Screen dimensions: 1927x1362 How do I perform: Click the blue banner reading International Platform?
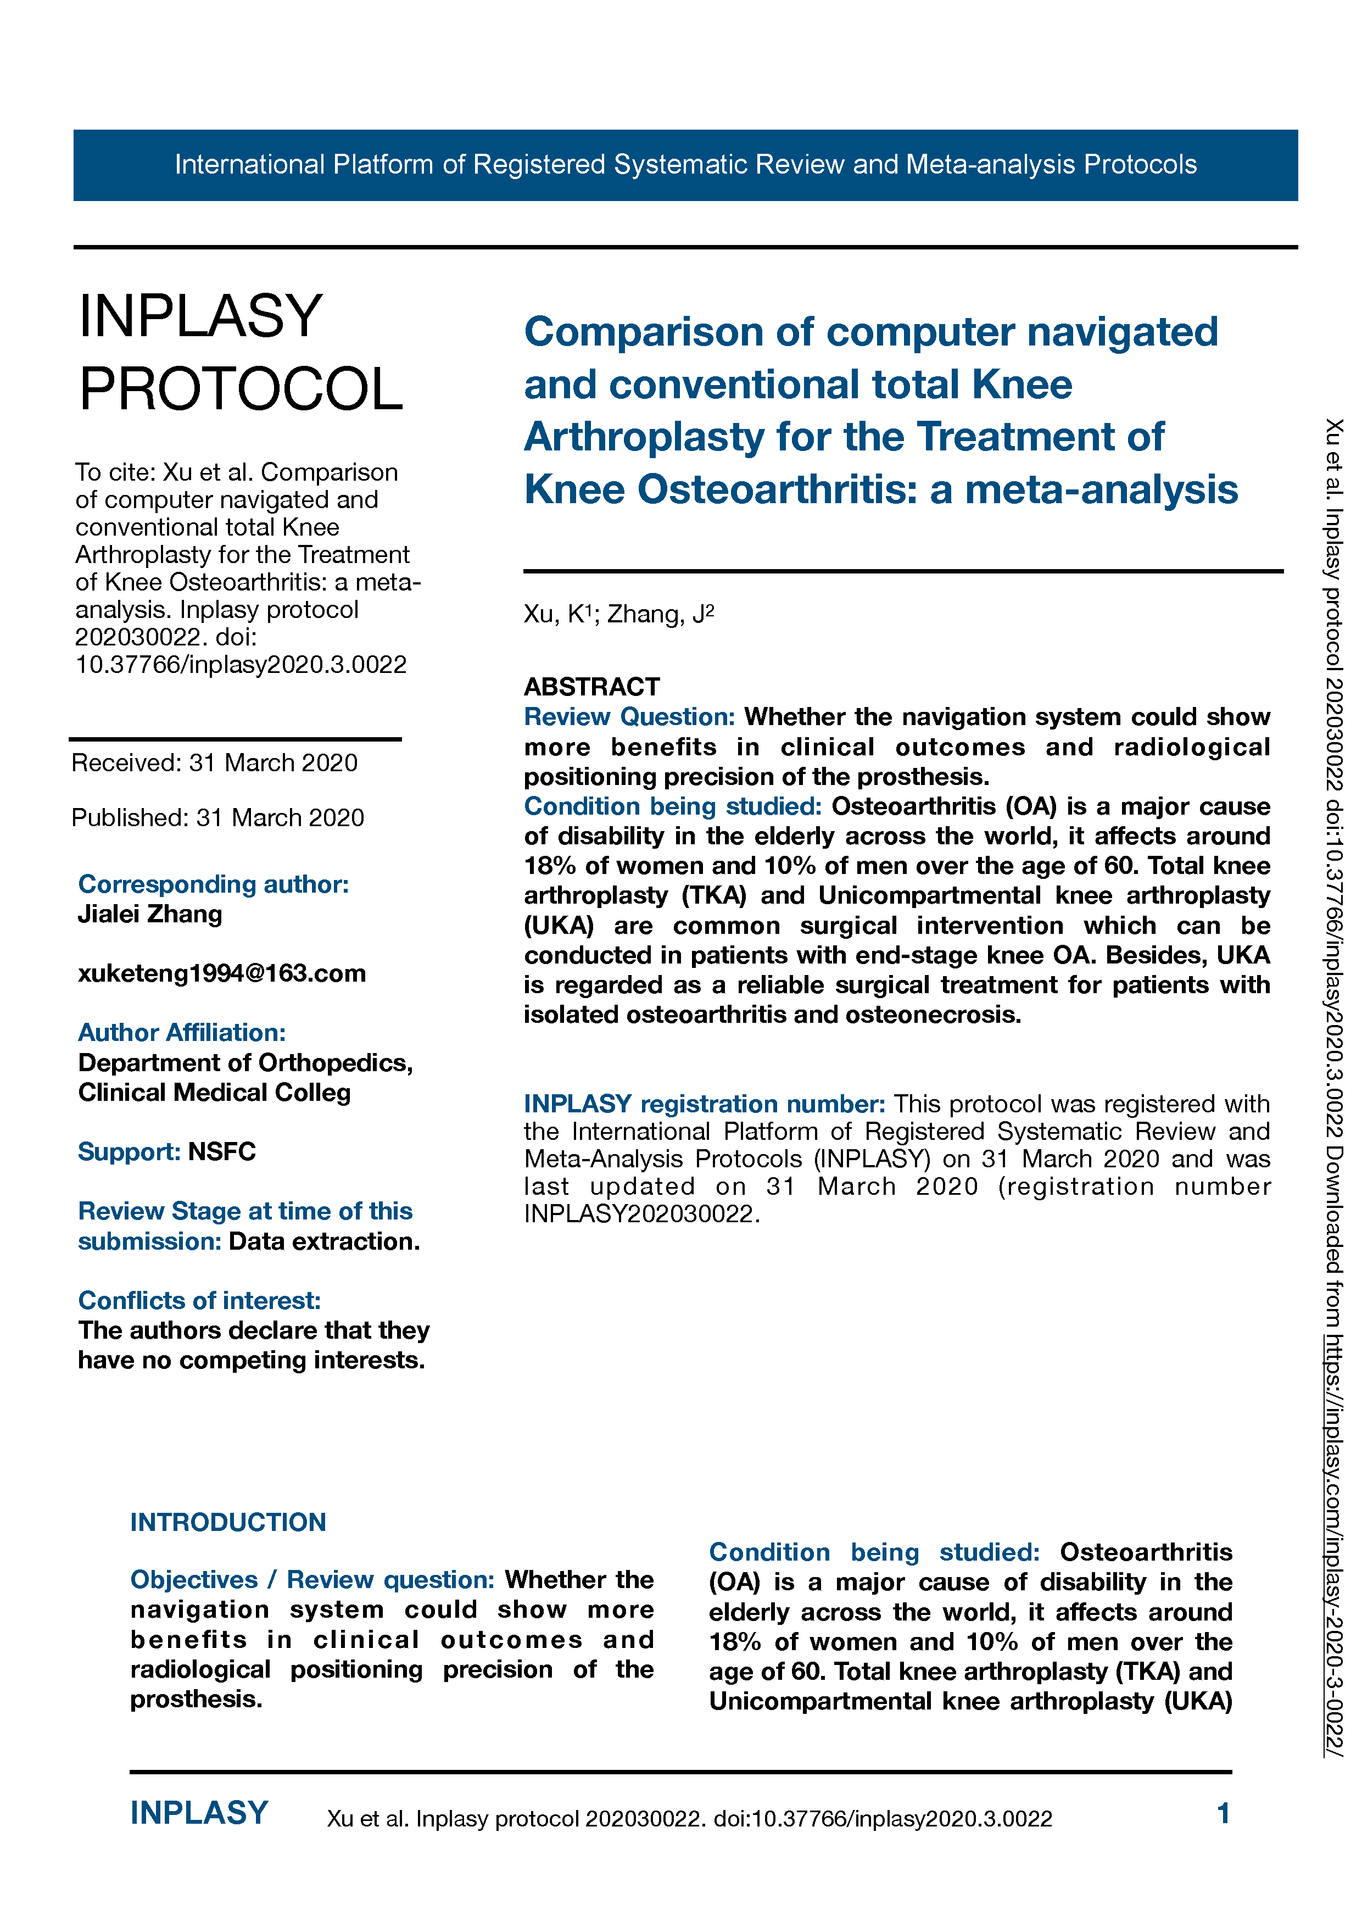[685, 164]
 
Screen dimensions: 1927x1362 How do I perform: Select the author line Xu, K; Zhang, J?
[618, 614]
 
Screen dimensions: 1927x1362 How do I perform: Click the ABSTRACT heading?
[591, 687]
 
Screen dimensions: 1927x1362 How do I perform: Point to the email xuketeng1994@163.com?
[221, 973]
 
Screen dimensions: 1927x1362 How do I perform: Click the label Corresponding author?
[213, 884]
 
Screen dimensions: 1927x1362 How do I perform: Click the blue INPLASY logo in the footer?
[199, 1813]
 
